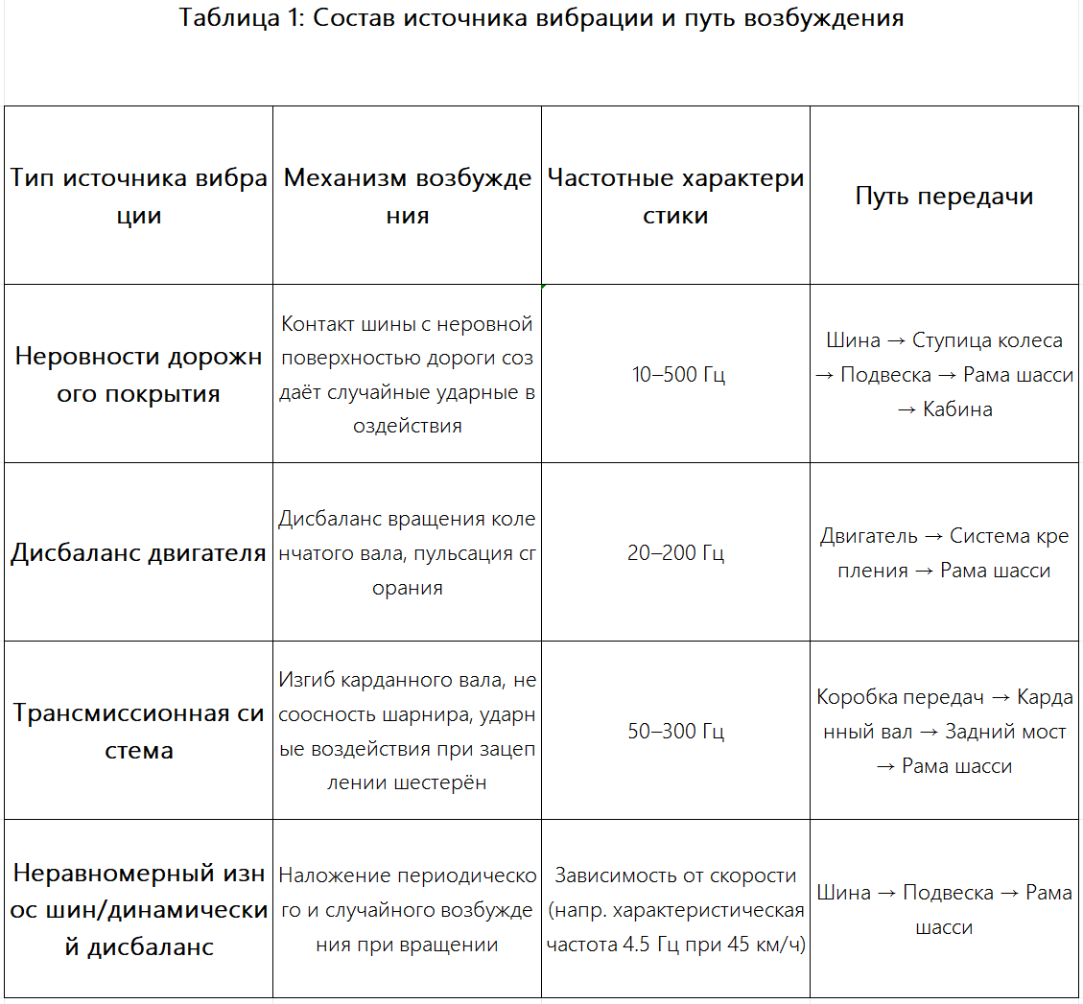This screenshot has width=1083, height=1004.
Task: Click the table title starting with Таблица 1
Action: [x=541, y=18]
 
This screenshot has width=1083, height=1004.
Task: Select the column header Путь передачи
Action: [x=944, y=196]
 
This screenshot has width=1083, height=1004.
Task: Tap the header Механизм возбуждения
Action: [x=408, y=197]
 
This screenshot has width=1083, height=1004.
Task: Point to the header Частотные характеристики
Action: [x=675, y=197]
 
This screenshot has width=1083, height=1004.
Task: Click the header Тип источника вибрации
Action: [x=139, y=197]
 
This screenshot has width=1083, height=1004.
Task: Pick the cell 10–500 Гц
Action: [x=678, y=374]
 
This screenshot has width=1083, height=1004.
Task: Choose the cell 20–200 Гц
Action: [x=675, y=552]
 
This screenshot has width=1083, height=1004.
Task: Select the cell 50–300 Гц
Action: [x=675, y=731]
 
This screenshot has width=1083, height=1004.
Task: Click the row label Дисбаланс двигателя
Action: [x=139, y=553]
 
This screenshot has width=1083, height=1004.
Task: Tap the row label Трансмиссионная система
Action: [x=139, y=732]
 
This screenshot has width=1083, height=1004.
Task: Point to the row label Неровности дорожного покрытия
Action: [x=139, y=375]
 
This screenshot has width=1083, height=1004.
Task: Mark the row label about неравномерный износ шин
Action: [x=139, y=910]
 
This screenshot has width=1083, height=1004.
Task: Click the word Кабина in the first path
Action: [x=957, y=409]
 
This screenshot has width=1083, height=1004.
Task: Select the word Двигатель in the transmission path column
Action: [x=868, y=536]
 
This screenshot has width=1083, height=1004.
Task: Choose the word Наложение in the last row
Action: [x=325, y=876]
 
